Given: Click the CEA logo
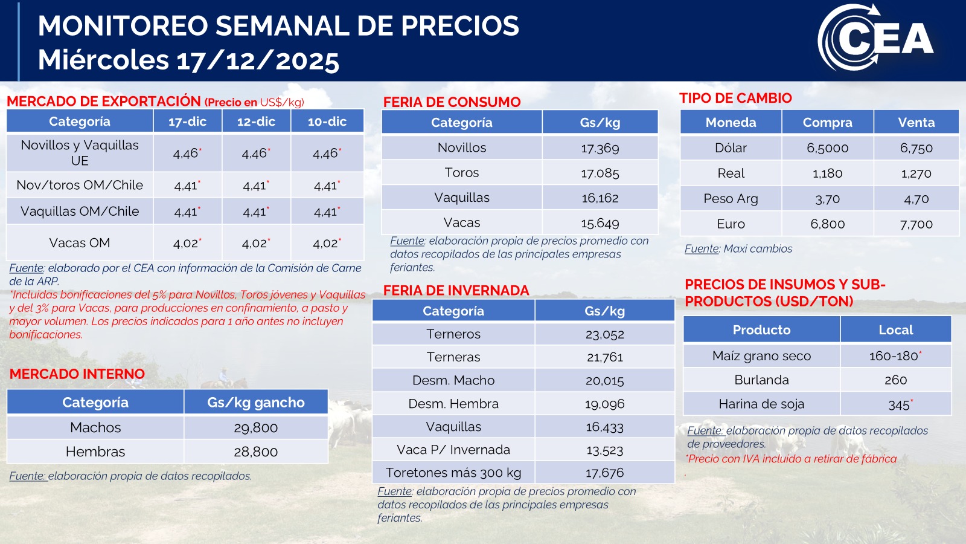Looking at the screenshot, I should pyautogui.click(x=875, y=38).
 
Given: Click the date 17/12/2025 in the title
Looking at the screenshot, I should pyautogui.click(x=258, y=60).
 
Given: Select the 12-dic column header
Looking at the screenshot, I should pyautogui.click(x=256, y=121).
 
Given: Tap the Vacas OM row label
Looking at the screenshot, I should pyautogui.click(x=80, y=243).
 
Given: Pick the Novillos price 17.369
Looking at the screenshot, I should pyautogui.click(x=600, y=148).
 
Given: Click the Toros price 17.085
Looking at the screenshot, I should pyautogui.click(x=600, y=173).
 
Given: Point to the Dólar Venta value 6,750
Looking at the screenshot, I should pyautogui.click(x=916, y=148).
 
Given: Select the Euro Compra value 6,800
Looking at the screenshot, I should pyautogui.click(x=827, y=224).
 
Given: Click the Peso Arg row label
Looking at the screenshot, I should pyautogui.click(x=731, y=199).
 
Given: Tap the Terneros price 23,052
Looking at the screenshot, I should pyautogui.click(x=604, y=334).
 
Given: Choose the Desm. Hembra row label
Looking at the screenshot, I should pyautogui.click(x=453, y=404).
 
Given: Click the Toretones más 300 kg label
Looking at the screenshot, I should pyautogui.click(x=453, y=473).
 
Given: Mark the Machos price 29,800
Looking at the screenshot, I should pyautogui.click(x=255, y=428).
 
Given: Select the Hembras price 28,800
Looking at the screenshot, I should pyautogui.click(x=255, y=452).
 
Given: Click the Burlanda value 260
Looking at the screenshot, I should pyautogui.click(x=895, y=380).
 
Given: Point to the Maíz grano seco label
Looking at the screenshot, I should pyautogui.click(x=761, y=356).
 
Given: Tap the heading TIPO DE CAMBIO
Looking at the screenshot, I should pyautogui.click(x=735, y=98).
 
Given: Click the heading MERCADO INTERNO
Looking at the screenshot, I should pyautogui.click(x=77, y=374).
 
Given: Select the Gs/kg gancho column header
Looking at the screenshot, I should pyautogui.click(x=255, y=403).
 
